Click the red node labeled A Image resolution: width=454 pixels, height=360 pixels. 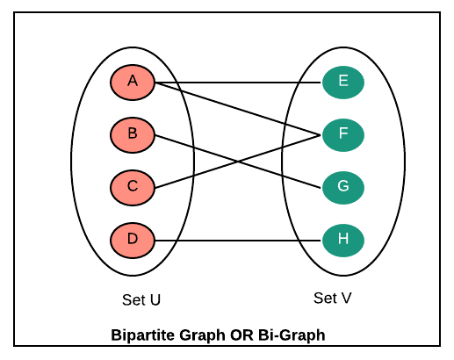133,83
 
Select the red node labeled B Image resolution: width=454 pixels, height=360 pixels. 133,135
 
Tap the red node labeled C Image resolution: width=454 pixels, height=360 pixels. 133,188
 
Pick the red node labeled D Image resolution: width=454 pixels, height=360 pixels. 133,241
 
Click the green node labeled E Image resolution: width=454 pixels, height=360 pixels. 343,83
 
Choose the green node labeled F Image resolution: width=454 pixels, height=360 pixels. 343,135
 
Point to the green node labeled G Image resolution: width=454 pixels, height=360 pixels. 343,188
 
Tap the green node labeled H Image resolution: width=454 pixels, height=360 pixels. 343,241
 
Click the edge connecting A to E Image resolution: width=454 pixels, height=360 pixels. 238,83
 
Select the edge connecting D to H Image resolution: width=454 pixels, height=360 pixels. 238,241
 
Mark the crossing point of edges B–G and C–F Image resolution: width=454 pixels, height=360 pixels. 238,162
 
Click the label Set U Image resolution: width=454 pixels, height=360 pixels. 141,300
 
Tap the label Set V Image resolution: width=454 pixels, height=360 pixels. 332,299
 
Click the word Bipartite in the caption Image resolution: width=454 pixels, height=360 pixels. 143,335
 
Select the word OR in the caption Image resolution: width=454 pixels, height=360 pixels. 241,335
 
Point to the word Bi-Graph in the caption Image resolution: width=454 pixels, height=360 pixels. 292,335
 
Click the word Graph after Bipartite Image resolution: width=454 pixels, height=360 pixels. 203,335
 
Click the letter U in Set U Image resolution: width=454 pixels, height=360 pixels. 155,300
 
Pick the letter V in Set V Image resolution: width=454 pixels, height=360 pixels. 345,299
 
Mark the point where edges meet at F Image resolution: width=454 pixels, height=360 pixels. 321,135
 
